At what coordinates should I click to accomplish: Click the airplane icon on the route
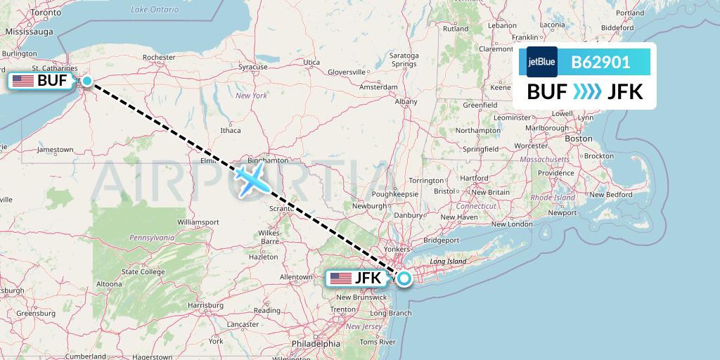pos(251,180)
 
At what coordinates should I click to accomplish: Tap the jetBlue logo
pos(542,62)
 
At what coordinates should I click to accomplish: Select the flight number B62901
pos(600,63)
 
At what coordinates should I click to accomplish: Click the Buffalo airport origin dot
pos(86,81)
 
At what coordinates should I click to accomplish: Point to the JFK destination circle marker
pos(404,278)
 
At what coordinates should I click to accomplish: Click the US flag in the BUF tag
pos(23,81)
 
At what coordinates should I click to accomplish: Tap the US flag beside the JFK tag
pos(341,278)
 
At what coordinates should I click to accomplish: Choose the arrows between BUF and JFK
pos(587,92)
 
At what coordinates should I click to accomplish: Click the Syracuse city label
pos(252,67)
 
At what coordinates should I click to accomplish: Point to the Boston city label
pos(579,139)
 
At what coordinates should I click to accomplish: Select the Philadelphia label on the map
pos(317,344)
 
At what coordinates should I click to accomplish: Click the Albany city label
pos(406,101)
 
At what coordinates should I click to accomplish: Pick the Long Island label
pos(448,262)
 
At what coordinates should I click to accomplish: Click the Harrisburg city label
pos(206,305)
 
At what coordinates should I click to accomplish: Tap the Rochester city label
pos(158,57)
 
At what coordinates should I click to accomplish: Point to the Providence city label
pos(556,173)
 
